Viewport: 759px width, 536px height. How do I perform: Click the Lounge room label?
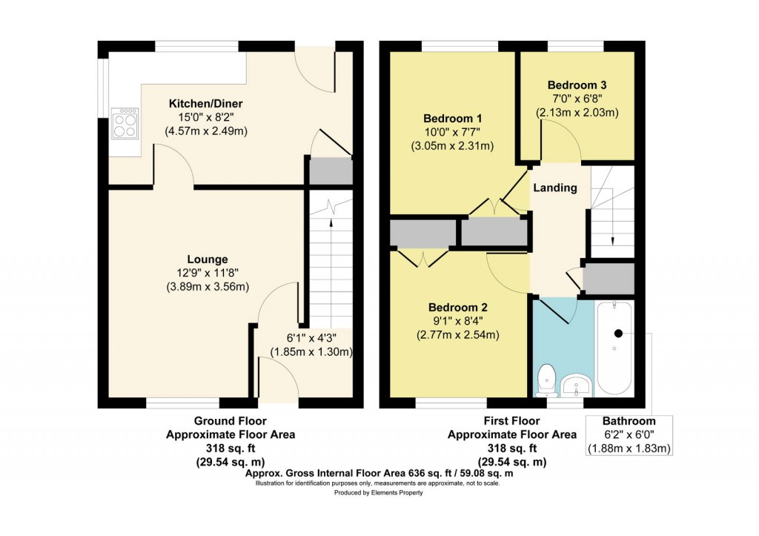pos(208,259)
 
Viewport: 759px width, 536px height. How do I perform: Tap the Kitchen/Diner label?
pos(206,103)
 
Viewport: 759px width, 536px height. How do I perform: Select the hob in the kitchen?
pos(125,123)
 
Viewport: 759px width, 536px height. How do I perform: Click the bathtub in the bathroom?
pos(614,348)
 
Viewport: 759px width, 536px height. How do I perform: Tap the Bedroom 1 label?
pos(452,118)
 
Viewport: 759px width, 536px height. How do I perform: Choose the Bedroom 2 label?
pos(458,307)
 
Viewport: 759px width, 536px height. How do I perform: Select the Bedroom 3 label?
pos(577,85)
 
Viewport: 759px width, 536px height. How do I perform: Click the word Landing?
pos(555,188)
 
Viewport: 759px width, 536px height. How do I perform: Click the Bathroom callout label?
pos(629,421)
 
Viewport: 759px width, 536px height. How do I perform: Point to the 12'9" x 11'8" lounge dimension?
pos(208,273)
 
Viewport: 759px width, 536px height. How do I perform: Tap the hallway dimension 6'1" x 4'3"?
pos(311,337)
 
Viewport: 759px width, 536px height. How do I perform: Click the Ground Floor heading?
pos(231,421)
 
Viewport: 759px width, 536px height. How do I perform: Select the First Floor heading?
pos(511,421)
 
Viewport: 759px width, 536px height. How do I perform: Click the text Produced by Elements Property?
pos(379,492)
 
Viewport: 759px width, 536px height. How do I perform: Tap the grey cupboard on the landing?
pos(609,279)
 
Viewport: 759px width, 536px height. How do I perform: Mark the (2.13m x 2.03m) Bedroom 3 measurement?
pos(577,113)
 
